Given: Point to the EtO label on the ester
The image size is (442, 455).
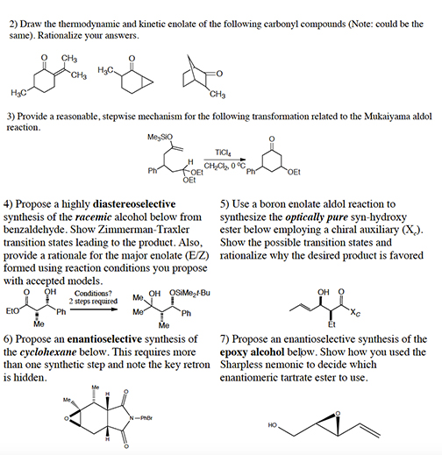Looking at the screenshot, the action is (13, 309).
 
